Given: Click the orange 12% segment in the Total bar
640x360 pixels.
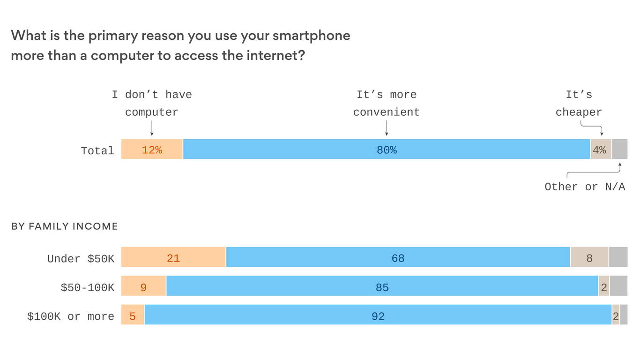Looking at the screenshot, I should click(152, 150).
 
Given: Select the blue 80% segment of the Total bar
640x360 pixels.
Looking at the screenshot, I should click(386, 150).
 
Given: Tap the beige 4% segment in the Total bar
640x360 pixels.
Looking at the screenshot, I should click(600, 150).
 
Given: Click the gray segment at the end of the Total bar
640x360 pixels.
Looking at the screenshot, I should click(619, 150).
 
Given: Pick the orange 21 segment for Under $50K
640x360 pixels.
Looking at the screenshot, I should click(173, 257).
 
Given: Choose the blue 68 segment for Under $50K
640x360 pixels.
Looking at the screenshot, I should click(398, 257).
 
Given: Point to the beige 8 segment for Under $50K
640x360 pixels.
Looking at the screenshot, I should click(589, 257).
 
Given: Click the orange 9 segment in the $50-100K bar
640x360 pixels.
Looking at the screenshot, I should click(143, 286).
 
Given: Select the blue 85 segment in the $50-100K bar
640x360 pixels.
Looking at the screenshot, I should click(382, 286).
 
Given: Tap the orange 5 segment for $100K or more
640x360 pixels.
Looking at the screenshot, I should click(133, 315).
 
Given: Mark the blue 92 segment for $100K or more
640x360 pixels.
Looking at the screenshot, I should click(378, 315).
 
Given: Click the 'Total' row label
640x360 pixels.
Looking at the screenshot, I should click(97, 151).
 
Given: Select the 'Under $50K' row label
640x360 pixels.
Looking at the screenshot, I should click(81, 259).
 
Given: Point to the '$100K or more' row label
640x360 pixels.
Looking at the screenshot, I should click(71, 316).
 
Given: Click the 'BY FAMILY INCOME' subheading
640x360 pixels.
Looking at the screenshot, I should click(64, 227).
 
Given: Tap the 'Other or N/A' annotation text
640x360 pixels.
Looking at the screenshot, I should click(585, 187).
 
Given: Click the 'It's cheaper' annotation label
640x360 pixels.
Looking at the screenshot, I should click(579, 104).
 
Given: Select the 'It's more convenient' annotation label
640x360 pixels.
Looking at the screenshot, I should click(386, 104).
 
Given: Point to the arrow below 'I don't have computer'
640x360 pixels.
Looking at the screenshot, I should click(152, 128).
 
